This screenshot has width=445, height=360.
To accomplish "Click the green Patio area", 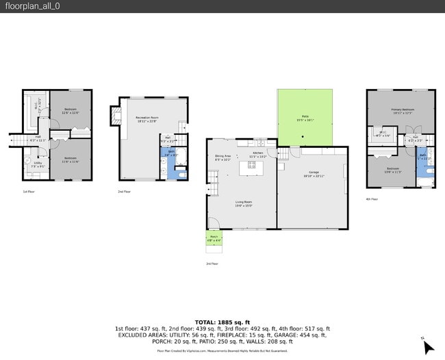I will pos(305,118).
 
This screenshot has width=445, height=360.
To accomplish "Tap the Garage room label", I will pos(314,173).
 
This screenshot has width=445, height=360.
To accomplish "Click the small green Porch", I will pos(214,240).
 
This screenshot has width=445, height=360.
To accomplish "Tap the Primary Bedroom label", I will pos(402,110).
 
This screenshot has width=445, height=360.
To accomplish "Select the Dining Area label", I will pos(222,157).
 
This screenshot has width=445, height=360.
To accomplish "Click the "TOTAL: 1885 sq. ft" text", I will pos(222,322).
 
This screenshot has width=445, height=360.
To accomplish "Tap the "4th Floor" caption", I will pos(372,198).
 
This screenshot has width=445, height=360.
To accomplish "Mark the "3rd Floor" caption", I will pos(212,263).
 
